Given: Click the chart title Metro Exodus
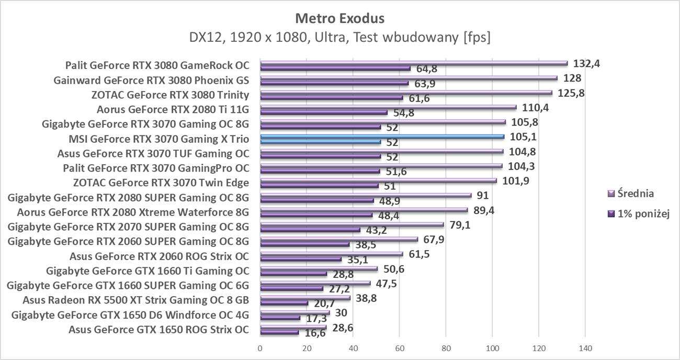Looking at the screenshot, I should (339, 19).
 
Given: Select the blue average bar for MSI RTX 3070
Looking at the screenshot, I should (382, 137).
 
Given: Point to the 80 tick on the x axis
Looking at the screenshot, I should (446, 348).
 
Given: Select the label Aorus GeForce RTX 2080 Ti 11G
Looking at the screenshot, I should (173, 110).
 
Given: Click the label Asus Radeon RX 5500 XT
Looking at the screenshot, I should (135, 300).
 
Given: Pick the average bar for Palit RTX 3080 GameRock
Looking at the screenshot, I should (413, 63).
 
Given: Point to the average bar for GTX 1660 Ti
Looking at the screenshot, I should (319, 269).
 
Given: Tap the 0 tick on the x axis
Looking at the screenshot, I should (260, 348).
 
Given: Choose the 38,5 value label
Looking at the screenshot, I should (366, 245).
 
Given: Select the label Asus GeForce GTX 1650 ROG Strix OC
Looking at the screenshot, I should (158, 330).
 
